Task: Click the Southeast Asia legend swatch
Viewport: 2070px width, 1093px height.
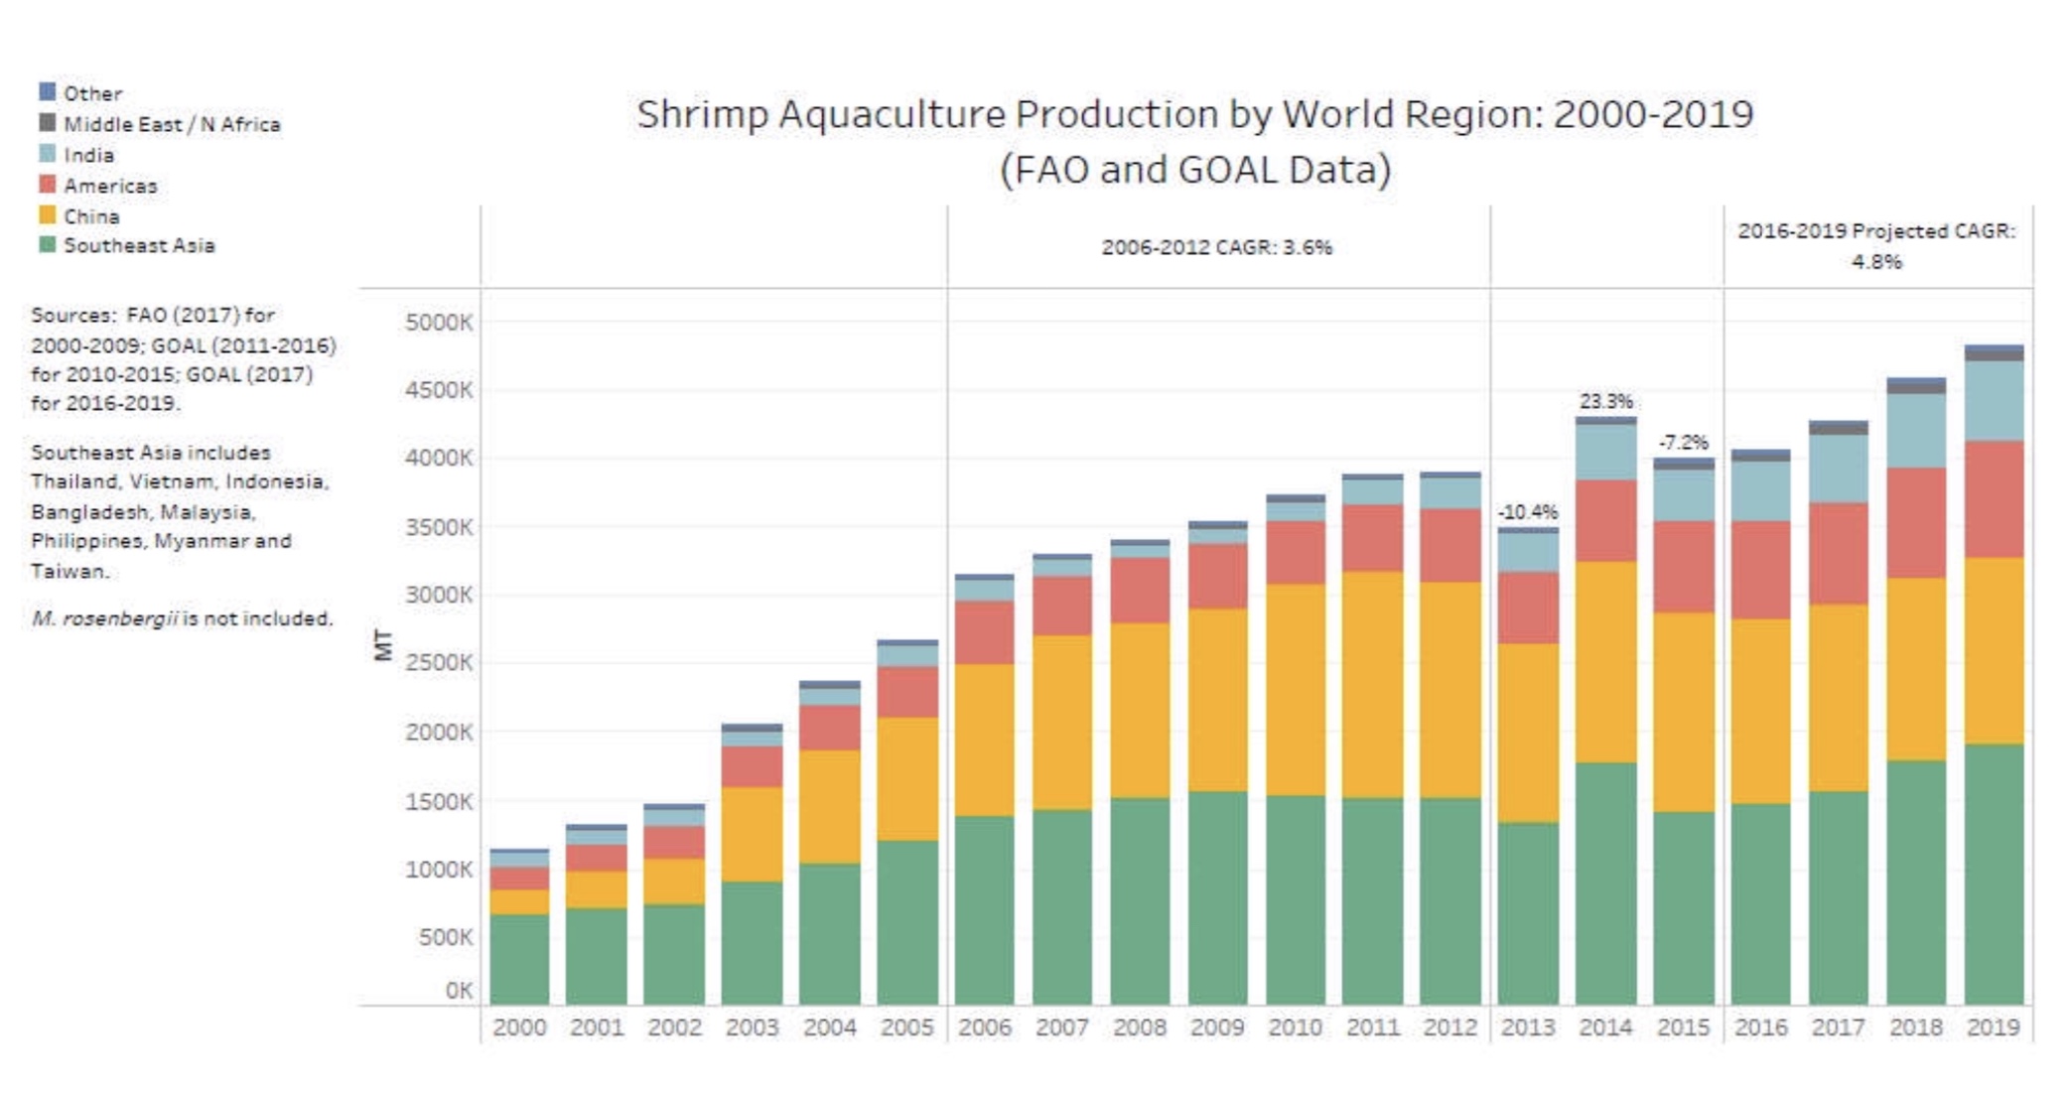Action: (x=47, y=244)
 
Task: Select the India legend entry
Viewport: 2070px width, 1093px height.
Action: (x=88, y=155)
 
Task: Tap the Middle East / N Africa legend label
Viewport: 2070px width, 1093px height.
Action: (x=172, y=124)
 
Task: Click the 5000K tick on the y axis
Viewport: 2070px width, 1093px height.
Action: (x=439, y=323)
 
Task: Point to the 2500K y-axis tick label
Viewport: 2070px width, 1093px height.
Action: (x=439, y=662)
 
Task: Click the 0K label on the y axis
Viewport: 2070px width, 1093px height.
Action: (x=459, y=990)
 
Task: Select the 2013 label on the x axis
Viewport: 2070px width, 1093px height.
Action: (x=1527, y=1027)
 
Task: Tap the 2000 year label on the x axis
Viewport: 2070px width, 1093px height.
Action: (x=519, y=1027)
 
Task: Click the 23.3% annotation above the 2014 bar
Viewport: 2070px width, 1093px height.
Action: (x=1605, y=401)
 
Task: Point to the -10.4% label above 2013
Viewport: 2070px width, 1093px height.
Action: (x=1527, y=512)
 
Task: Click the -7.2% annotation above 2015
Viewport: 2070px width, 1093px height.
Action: (x=1683, y=442)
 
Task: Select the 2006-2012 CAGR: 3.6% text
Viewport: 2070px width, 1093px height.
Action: (x=1216, y=247)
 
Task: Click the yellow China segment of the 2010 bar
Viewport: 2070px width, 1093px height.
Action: (x=1295, y=690)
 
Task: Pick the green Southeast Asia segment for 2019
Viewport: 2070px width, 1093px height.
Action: (x=1994, y=874)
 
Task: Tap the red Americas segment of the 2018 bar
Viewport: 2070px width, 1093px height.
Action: (x=1916, y=523)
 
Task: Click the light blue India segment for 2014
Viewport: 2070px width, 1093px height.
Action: (x=1605, y=452)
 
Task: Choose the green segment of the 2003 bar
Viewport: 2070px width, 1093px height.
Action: (x=752, y=943)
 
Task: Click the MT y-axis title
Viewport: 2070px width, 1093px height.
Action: (x=383, y=645)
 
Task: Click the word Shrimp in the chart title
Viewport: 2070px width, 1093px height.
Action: (x=702, y=114)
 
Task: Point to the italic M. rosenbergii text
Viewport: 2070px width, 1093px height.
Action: (x=104, y=618)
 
